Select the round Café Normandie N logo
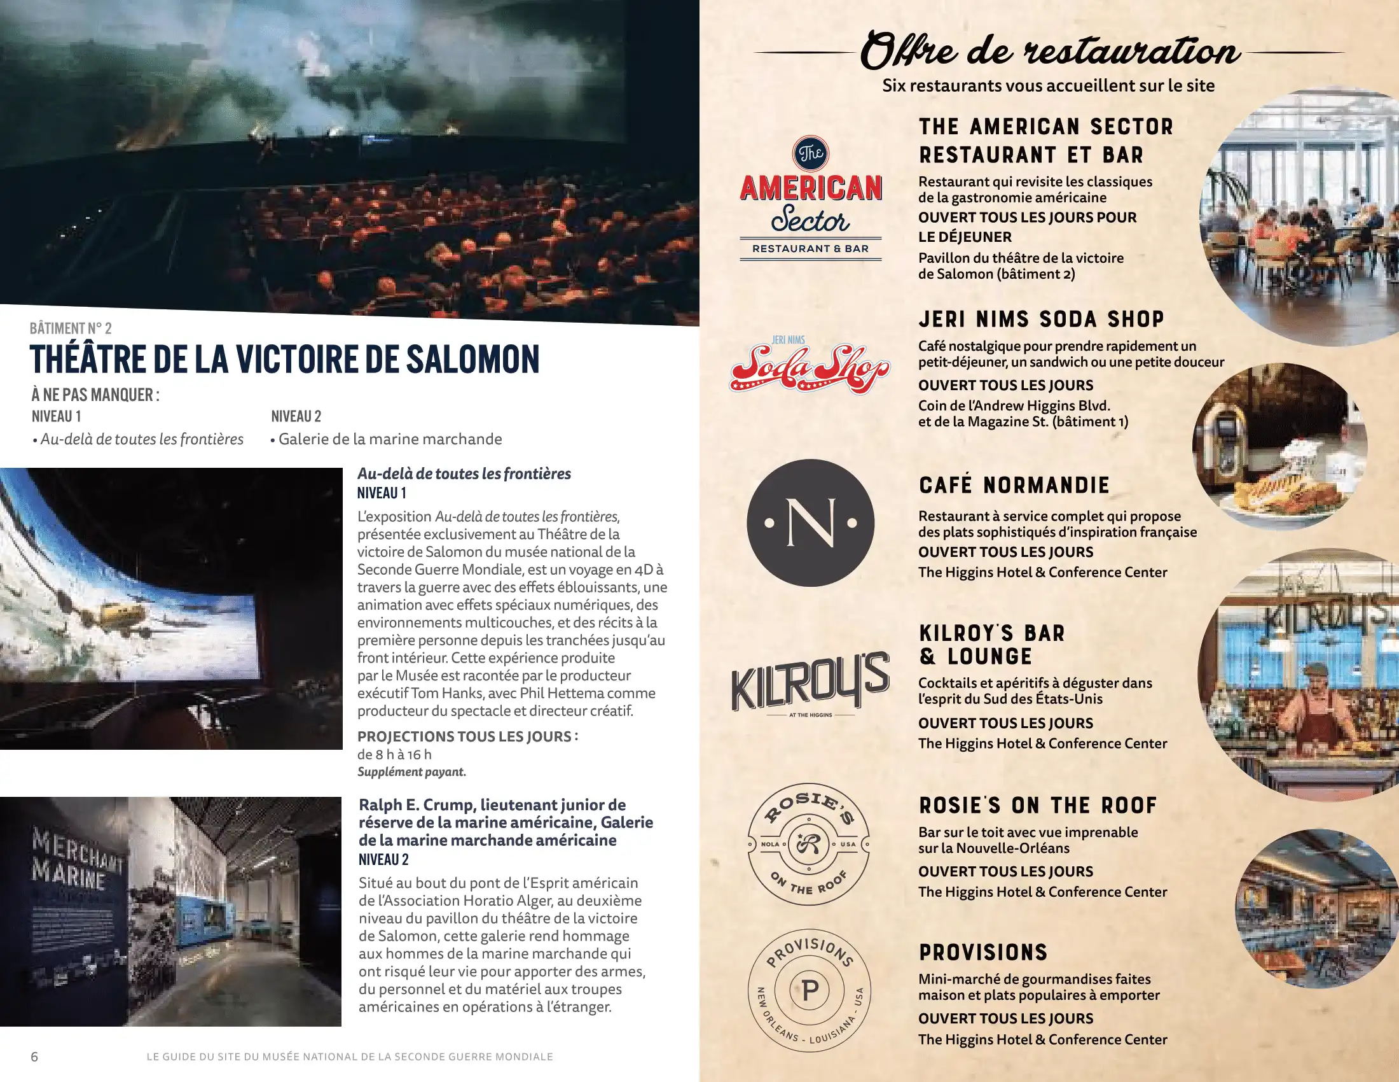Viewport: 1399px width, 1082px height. click(x=810, y=523)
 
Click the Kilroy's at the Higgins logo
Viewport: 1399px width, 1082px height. click(x=810, y=682)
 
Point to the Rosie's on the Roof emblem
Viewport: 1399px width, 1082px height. click(x=808, y=843)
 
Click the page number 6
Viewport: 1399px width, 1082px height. click(x=34, y=1057)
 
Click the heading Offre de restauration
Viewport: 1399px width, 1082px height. click(x=1049, y=52)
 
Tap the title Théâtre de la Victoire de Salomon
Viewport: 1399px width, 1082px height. click(x=284, y=359)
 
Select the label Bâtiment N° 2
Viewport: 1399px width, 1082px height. click(x=71, y=329)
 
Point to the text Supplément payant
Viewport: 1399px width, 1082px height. click(x=411, y=772)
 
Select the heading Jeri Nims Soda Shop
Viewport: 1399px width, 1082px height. click(x=1041, y=320)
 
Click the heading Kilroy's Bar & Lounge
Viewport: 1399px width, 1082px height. click(x=991, y=644)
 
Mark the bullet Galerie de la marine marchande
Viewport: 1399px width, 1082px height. click(x=389, y=439)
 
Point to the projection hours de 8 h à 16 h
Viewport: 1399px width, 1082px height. click(x=394, y=754)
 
